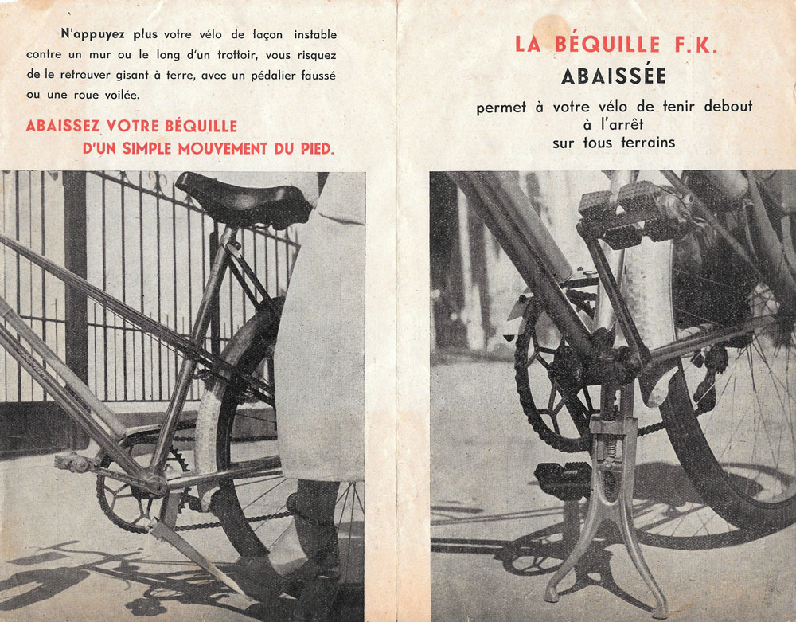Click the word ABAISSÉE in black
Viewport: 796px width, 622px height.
(614, 76)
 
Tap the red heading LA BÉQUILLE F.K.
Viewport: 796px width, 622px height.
(616, 44)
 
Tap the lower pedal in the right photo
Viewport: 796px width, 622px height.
(562, 478)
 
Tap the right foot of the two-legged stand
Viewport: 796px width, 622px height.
(660, 608)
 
